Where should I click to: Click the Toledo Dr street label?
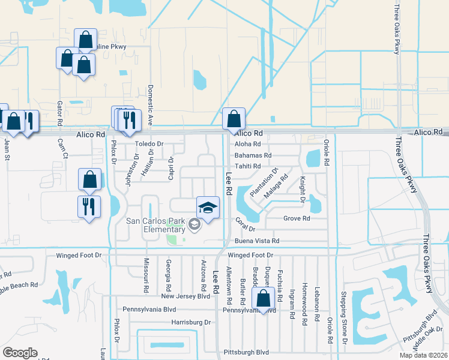click(149, 144)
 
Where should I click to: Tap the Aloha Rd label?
click(247, 144)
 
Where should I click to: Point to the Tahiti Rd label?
click(247, 166)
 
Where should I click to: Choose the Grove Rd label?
click(297, 218)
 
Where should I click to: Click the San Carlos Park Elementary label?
click(155, 224)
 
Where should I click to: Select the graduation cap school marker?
click(208, 208)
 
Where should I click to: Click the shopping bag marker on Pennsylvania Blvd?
click(264, 297)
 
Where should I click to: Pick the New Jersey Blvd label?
click(185, 296)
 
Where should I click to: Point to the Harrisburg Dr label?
click(191, 322)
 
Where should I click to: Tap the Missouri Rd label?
click(146, 276)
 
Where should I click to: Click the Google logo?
click(20, 352)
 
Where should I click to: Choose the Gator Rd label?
click(60, 113)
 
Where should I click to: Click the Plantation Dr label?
click(264, 183)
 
